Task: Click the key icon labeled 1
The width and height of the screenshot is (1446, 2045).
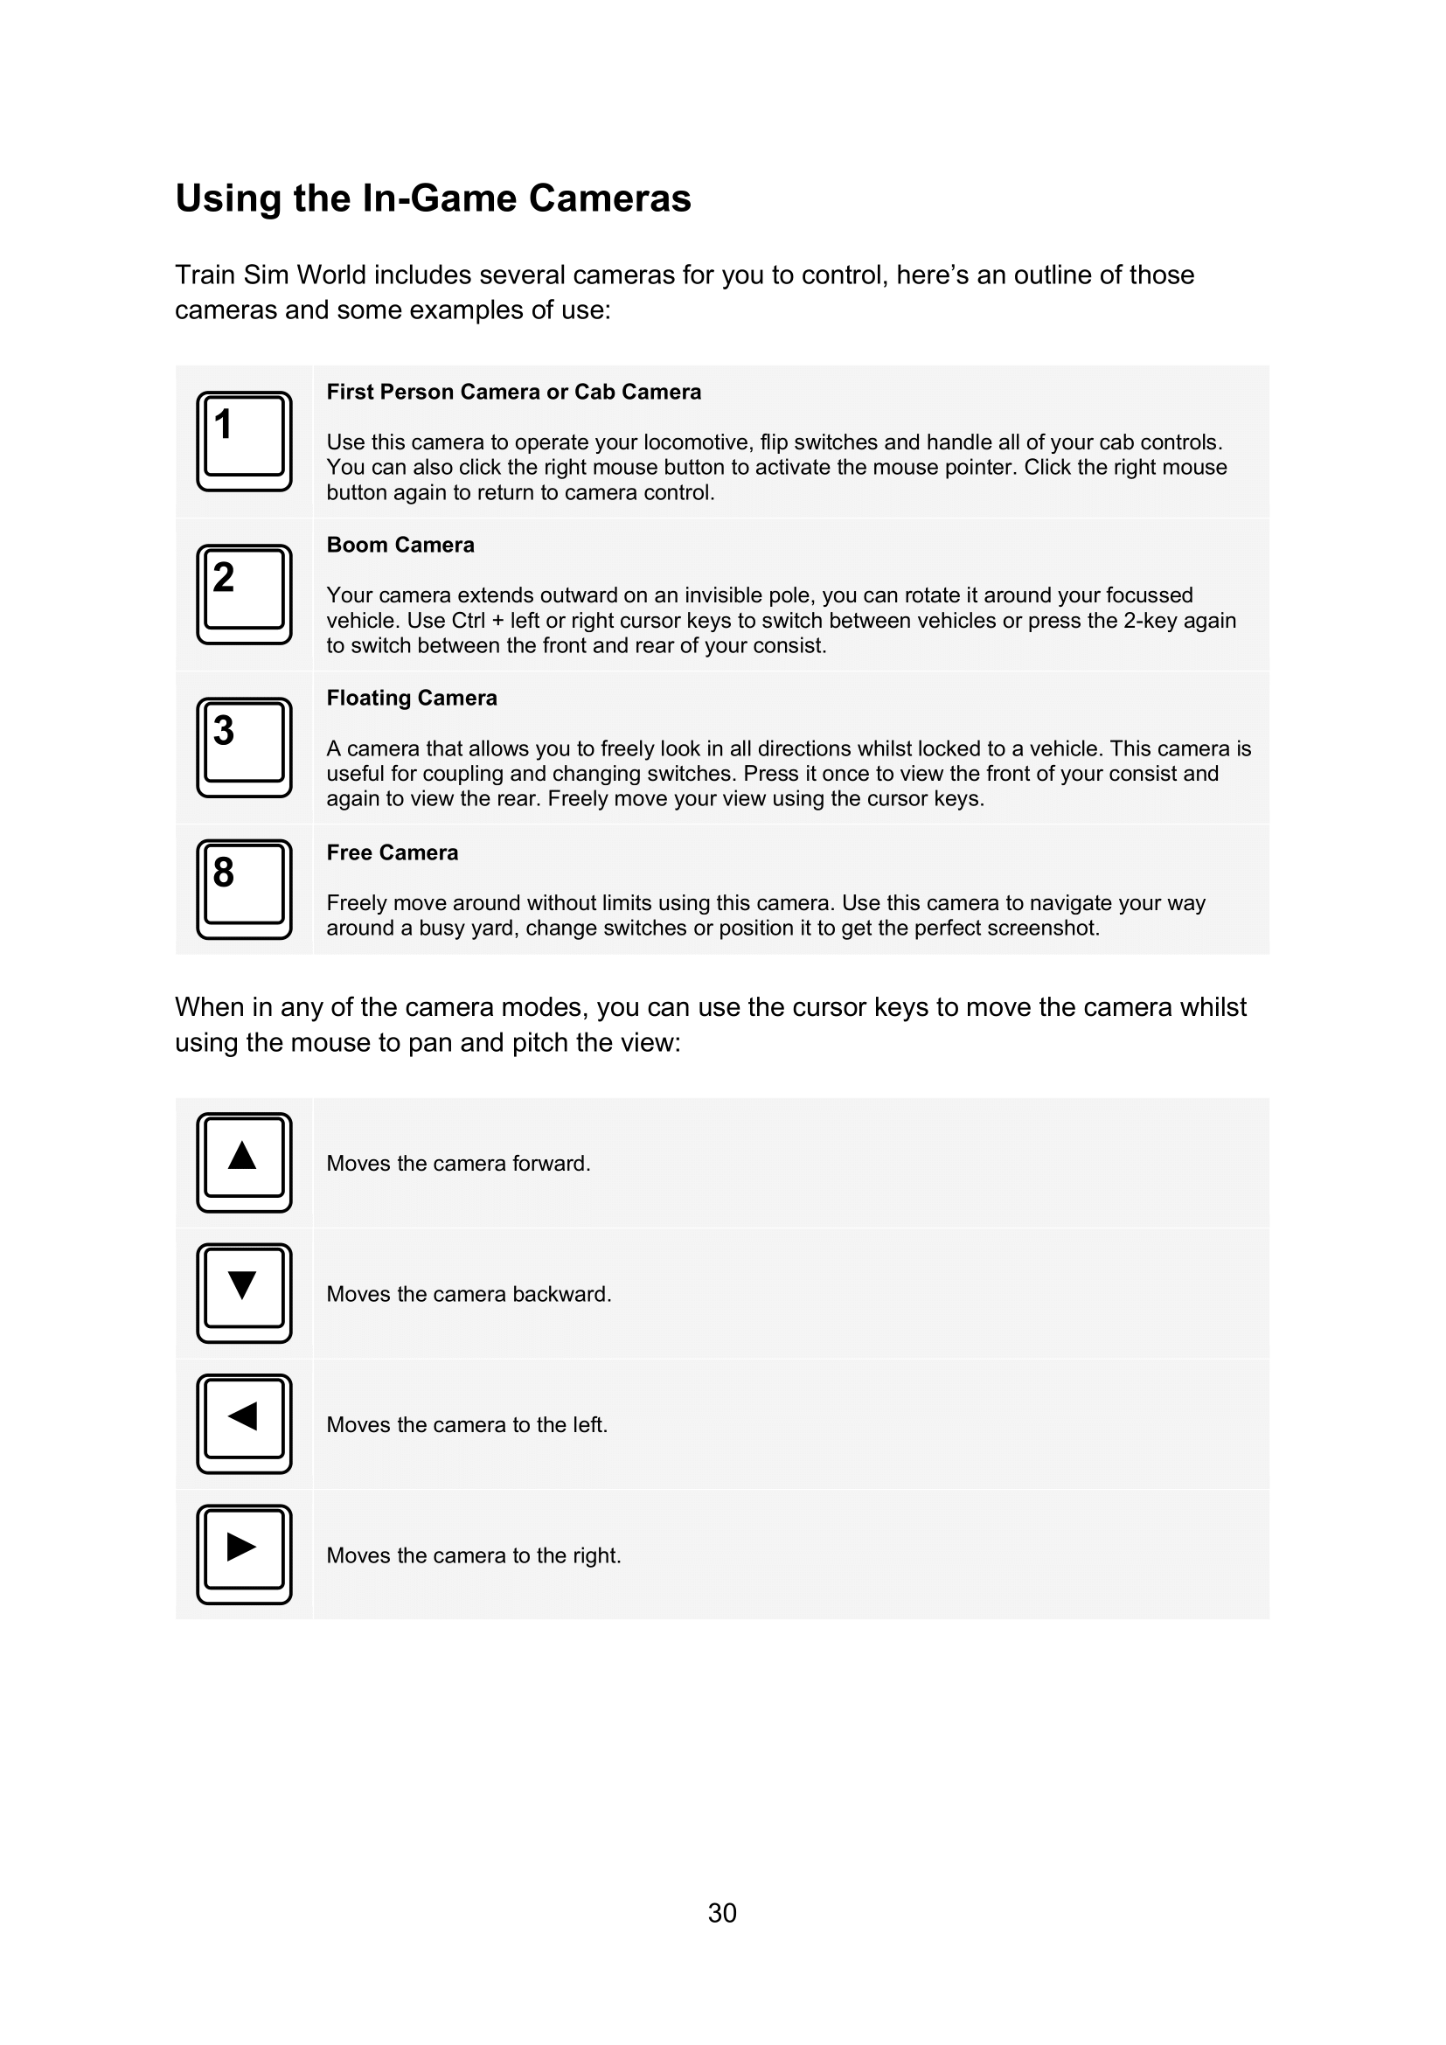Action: pos(244,441)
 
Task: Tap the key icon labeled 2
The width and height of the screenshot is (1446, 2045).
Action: pos(244,594)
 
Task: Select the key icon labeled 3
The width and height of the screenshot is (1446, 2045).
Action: pos(244,748)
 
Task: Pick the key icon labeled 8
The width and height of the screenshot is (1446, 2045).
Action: pos(244,889)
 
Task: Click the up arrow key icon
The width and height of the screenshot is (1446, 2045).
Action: pos(244,1162)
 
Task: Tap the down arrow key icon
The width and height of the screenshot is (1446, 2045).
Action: pos(244,1293)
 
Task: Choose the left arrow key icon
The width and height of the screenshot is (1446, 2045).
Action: pos(244,1423)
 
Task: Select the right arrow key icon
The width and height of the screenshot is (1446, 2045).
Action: pos(244,1555)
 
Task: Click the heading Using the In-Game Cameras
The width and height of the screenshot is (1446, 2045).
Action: pos(433,198)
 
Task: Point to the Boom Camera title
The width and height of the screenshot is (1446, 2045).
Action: pos(400,545)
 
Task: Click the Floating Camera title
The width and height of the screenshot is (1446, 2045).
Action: pos(412,699)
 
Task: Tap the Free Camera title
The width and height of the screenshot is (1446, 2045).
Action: pos(392,853)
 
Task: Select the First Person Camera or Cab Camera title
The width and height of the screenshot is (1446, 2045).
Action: pos(514,392)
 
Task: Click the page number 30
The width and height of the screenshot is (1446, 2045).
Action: pos(722,1913)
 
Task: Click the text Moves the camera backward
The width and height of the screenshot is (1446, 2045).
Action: pos(469,1294)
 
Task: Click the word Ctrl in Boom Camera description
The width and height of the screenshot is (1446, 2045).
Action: pos(469,621)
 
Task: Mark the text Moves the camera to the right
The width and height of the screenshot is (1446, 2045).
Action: pos(474,1555)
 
